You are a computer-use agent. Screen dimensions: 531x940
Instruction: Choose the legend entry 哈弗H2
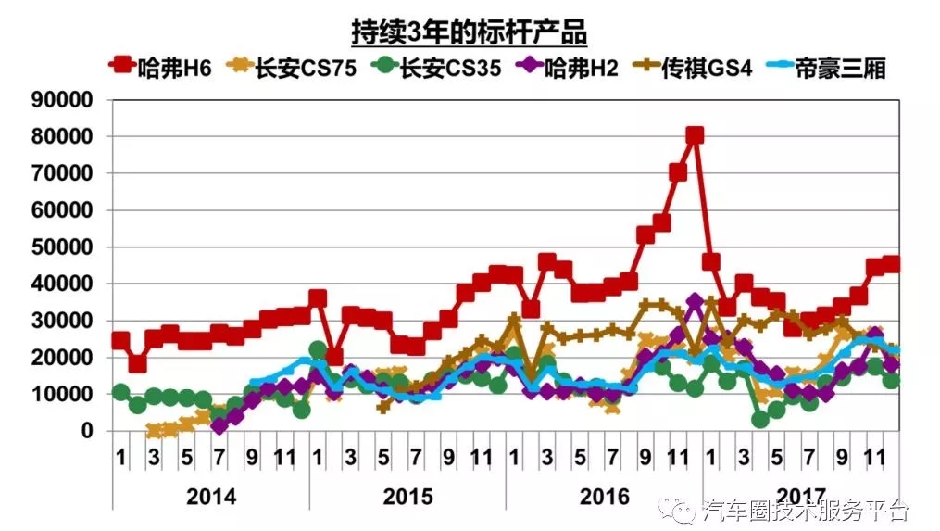568,67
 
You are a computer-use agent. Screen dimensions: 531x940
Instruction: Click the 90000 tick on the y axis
63,100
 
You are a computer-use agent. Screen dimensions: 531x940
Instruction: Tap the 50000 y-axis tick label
63,247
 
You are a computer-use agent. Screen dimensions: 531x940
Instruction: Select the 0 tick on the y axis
86,431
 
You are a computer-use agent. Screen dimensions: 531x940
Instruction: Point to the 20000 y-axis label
63,358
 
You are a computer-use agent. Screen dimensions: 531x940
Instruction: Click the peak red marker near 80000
695,135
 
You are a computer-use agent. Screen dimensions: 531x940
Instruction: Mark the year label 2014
211,497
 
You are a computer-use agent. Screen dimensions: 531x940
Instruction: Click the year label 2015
407,497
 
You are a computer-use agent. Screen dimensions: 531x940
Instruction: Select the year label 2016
604,497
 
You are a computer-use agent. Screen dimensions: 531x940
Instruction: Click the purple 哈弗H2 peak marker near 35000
695,302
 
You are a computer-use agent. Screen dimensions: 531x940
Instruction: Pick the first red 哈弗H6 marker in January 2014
120,340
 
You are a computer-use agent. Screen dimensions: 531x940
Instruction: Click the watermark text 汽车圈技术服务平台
806,511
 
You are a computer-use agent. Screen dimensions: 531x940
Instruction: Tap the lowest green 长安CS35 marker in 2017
760,420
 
